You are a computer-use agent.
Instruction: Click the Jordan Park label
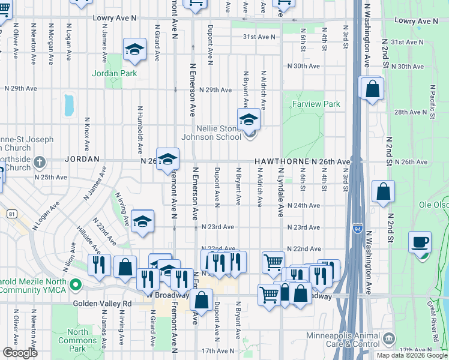(115, 74)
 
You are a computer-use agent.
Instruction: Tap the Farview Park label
(316, 104)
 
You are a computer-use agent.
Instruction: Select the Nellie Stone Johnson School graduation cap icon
(249, 120)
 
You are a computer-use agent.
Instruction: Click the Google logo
(20, 353)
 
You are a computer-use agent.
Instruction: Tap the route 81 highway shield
(12, 213)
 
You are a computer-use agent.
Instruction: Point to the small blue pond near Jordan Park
(69, 104)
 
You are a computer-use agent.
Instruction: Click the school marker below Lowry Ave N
(135, 51)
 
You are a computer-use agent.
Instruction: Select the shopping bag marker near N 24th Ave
(383, 192)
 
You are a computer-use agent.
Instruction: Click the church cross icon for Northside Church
(40, 161)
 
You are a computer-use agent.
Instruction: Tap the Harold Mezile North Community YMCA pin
(76, 284)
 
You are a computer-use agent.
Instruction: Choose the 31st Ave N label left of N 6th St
(259, 37)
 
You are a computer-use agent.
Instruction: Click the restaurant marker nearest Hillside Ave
(99, 265)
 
